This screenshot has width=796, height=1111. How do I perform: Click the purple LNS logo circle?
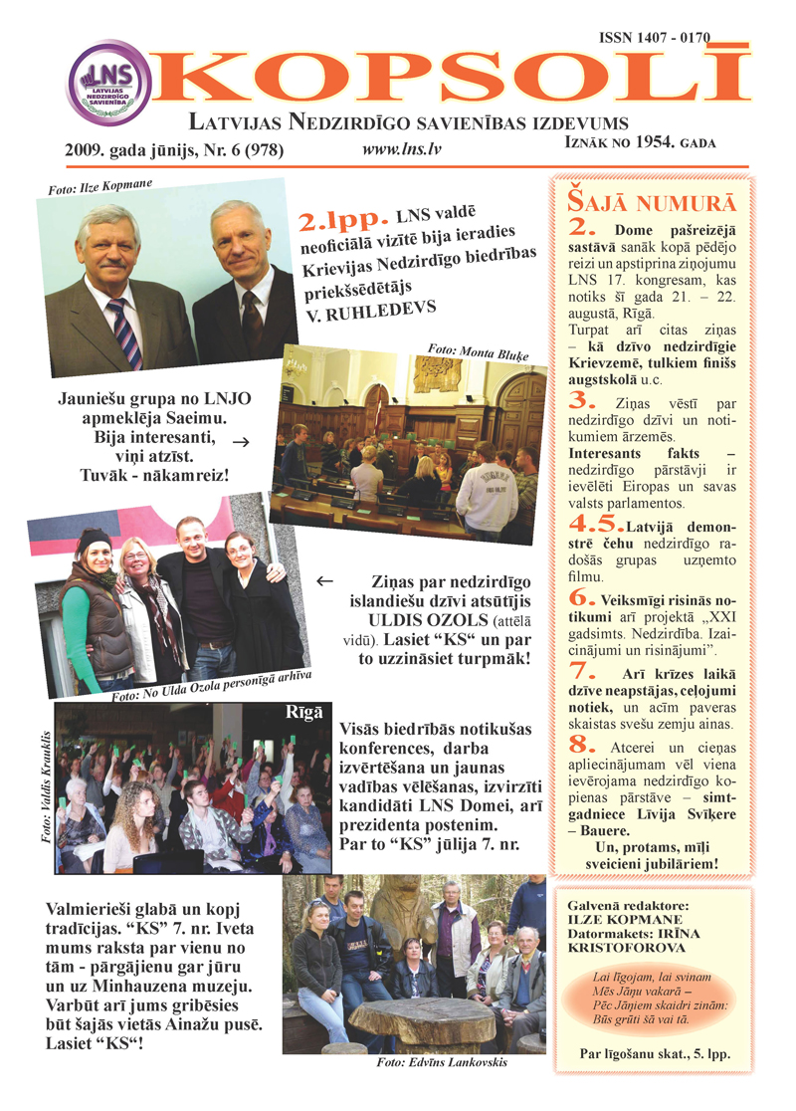[x=109, y=83]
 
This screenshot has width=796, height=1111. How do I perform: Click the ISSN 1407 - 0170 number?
[x=655, y=37]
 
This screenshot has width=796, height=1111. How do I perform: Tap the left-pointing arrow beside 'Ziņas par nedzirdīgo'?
[x=322, y=579]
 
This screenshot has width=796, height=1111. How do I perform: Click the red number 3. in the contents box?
[x=581, y=401]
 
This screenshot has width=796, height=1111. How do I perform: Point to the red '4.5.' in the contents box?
[x=593, y=522]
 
